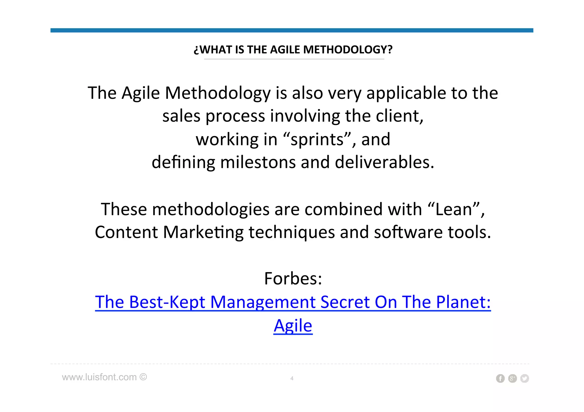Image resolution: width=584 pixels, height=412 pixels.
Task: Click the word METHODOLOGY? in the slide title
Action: click(x=348, y=50)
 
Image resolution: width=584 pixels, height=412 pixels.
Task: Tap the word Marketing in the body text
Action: click(x=203, y=232)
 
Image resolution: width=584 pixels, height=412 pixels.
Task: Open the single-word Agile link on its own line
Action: click(x=293, y=325)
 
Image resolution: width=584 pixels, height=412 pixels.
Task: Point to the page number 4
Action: click(x=292, y=378)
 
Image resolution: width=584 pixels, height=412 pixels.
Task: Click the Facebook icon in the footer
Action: click(x=500, y=378)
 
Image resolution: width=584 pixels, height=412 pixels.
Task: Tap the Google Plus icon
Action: click(x=512, y=378)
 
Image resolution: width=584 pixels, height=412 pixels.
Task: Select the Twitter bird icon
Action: click(x=524, y=378)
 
